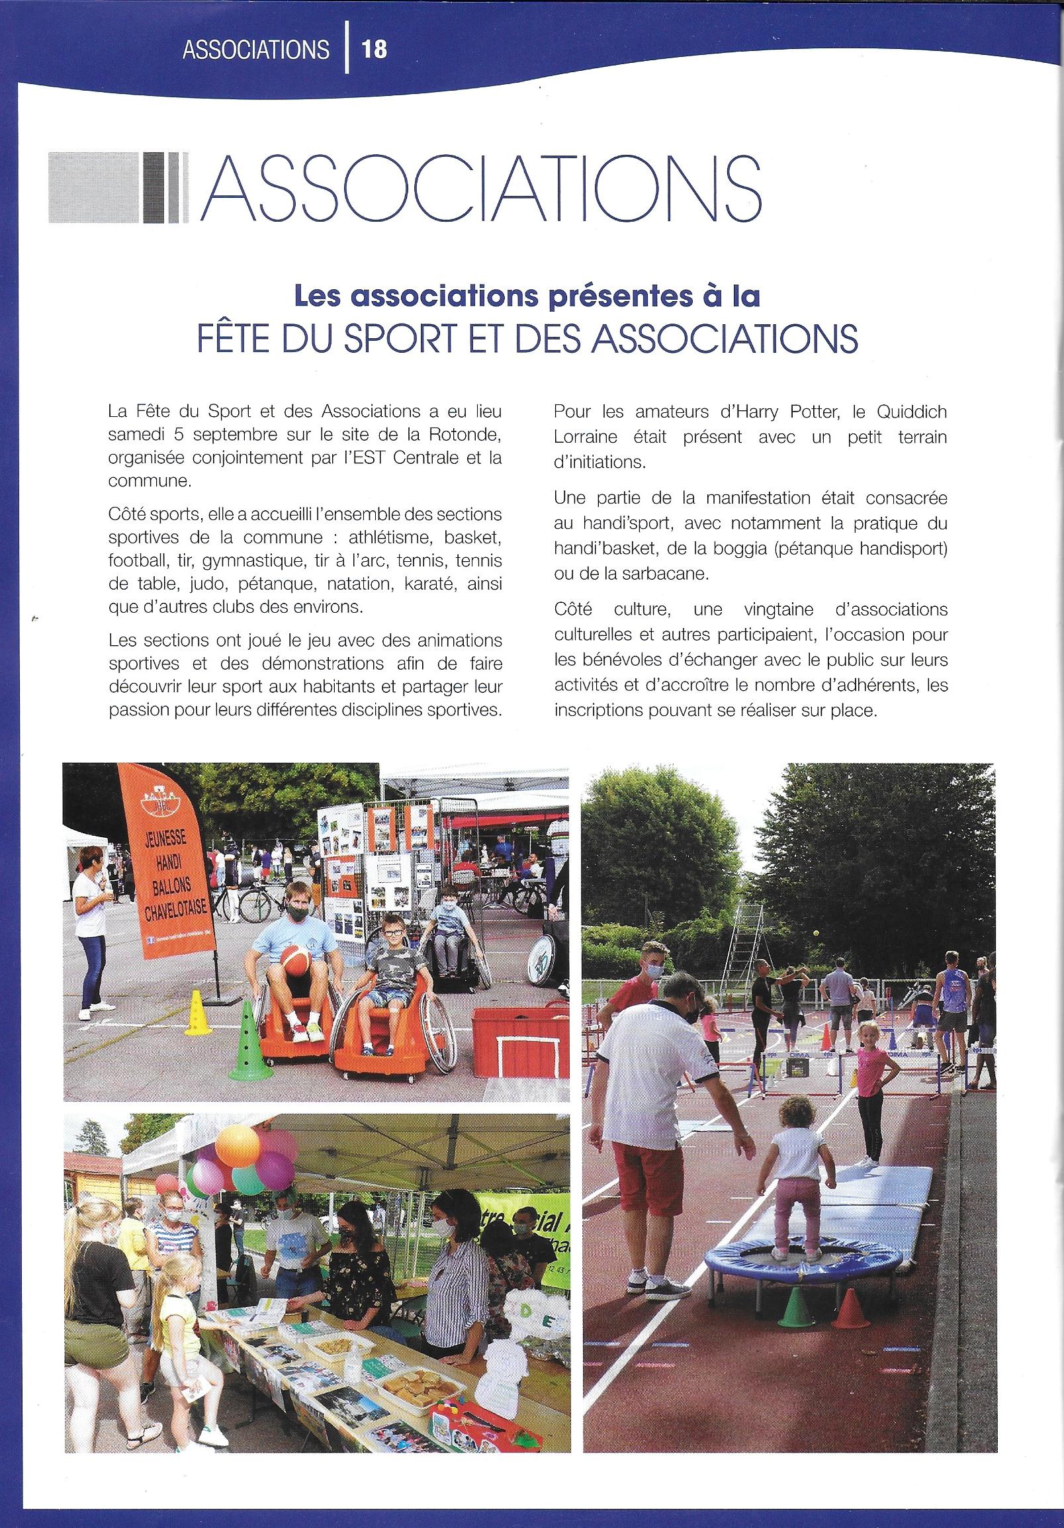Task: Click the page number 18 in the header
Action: click(x=374, y=50)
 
